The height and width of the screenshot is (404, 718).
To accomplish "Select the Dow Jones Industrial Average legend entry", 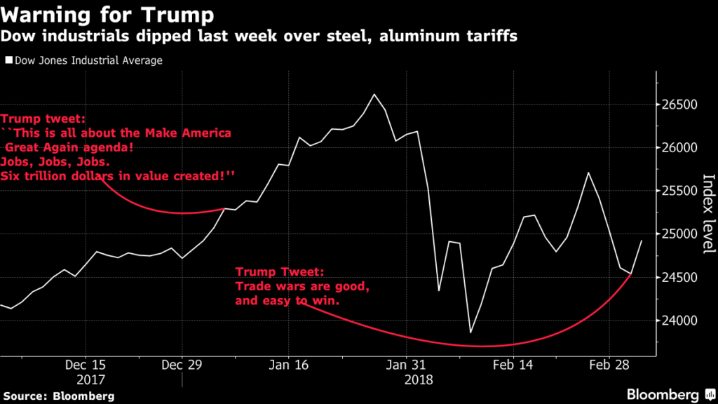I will pyautogui.click(x=84, y=60).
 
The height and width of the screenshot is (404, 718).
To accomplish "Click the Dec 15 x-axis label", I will pyautogui.click(x=86, y=365).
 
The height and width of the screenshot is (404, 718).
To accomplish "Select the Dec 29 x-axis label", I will pyautogui.click(x=182, y=365).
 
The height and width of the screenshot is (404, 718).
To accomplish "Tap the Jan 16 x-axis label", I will pyautogui.click(x=289, y=365).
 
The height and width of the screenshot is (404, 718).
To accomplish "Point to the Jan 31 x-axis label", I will pyautogui.click(x=407, y=365).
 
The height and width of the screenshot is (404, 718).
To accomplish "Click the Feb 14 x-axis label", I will pyautogui.click(x=513, y=365).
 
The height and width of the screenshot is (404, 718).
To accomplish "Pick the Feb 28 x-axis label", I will pyautogui.click(x=609, y=365).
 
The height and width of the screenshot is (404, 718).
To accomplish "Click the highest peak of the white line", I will pyautogui.click(x=374, y=94).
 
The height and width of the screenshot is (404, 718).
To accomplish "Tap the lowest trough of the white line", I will pyautogui.click(x=470, y=332).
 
